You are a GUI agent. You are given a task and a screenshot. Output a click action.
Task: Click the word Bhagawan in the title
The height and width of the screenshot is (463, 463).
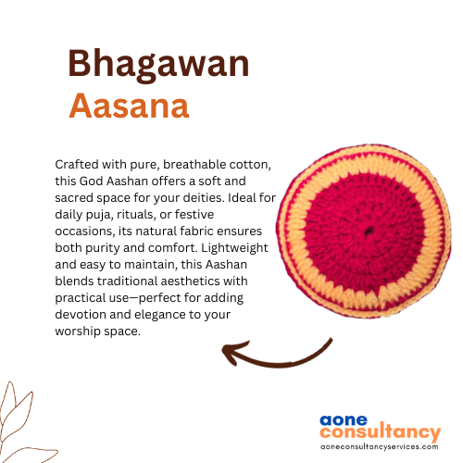(158, 65)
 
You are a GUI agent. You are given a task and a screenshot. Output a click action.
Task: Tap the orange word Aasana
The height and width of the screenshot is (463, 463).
(129, 106)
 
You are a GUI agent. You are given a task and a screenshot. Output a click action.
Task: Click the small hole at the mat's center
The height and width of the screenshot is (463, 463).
(369, 231)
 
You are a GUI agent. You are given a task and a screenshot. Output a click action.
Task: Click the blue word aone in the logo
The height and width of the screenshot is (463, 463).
(344, 420)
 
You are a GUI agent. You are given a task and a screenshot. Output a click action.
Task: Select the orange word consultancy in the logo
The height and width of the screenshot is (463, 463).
(381, 432)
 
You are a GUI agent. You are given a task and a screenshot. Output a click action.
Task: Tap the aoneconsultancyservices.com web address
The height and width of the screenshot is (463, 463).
(380, 446)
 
